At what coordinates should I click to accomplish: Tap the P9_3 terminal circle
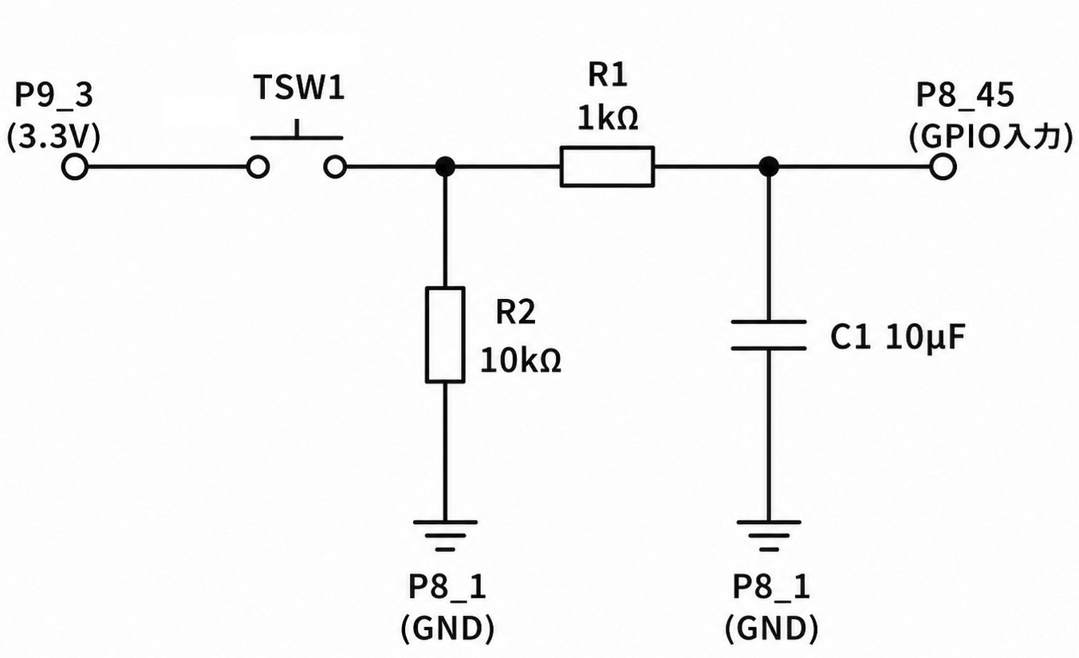(75, 167)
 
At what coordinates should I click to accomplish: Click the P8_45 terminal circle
(943, 167)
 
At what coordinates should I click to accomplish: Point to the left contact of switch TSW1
(258, 167)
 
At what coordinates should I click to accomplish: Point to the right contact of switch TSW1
(335, 167)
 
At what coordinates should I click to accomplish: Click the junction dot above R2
(445, 167)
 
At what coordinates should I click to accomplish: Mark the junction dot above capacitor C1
(768, 167)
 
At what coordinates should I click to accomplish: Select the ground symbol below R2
(445, 535)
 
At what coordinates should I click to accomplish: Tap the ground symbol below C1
(769, 535)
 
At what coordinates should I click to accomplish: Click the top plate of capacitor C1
(769, 321)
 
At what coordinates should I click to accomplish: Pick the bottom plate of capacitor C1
(769, 348)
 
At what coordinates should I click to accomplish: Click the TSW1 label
(299, 88)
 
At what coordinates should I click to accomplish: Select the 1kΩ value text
(608, 118)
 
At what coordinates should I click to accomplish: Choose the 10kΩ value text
(521, 361)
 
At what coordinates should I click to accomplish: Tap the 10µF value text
(925, 337)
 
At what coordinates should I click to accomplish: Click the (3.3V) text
(53, 138)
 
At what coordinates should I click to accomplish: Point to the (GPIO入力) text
(991, 137)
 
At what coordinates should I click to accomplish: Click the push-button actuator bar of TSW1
(297, 138)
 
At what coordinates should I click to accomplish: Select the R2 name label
(515, 312)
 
